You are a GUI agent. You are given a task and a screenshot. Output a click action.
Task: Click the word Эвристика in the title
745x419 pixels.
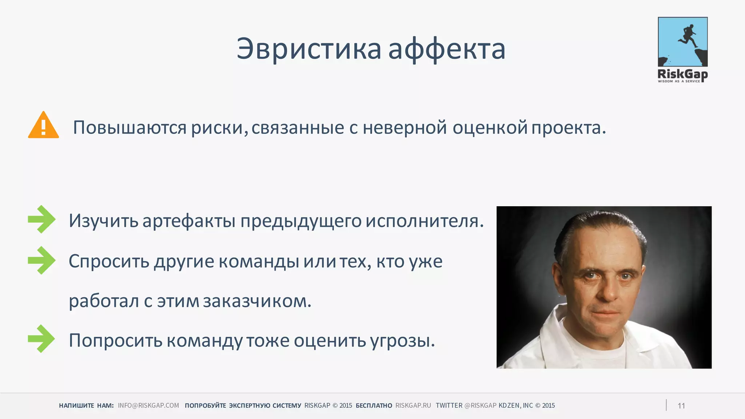[309, 49]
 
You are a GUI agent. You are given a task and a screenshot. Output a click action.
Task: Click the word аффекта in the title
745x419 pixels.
[447, 49]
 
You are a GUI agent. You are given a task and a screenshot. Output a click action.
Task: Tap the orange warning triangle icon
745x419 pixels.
[43, 126]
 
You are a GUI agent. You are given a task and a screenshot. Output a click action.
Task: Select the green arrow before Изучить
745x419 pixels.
[41, 219]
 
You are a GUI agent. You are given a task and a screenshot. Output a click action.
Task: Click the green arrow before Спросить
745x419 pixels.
[41, 260]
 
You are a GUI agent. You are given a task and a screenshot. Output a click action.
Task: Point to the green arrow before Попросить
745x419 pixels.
[41, 339]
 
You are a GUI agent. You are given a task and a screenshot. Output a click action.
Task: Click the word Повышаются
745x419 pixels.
[130, 128]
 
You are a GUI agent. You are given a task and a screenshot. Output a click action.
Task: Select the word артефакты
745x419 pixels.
[189, 221]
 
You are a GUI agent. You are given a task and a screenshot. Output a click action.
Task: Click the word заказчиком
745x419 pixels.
[257, 301]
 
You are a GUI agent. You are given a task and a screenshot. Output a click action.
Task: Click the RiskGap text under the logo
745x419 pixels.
[682, 74]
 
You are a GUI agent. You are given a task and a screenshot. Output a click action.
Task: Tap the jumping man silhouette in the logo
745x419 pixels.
[687, 36]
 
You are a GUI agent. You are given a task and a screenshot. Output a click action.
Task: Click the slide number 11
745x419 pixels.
[681, 406]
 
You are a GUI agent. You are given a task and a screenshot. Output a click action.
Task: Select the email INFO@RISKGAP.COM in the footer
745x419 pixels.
[148, 406]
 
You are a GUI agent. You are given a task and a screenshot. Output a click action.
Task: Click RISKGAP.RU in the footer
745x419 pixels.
[413, 406]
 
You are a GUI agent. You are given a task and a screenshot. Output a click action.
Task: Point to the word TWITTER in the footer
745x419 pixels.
[449, 406]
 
